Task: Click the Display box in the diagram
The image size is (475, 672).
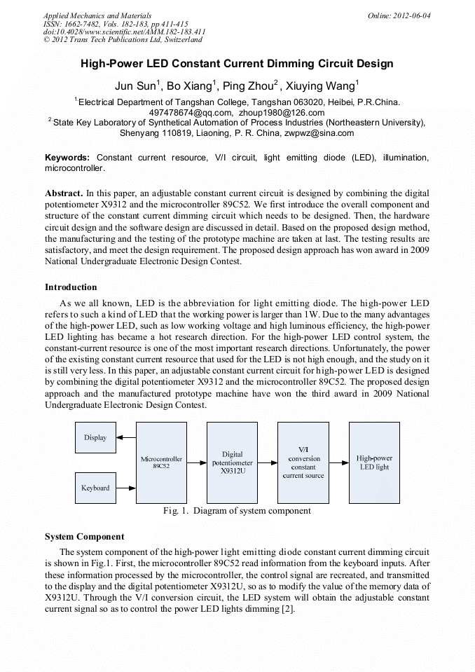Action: [x=95, y=437]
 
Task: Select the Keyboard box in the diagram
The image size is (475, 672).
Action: [x=95, y=488]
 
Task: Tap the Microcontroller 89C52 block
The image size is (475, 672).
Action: [x=161, y=462]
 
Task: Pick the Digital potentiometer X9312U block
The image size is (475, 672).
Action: [x=232, y=462]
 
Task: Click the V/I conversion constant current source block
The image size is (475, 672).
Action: [x=303, y=462]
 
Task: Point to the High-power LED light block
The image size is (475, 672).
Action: [x=374, y=462]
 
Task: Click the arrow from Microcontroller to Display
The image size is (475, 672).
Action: [x=126, y=437]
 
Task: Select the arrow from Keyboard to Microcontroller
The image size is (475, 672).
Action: [x=126, y=488]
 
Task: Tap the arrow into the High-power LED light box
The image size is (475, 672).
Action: [x=338, y=462]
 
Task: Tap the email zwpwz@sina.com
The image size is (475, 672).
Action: [x=324, y=132]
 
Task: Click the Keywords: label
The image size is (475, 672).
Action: [x=68, y=158]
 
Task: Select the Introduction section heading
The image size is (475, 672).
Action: [x=71, y=287]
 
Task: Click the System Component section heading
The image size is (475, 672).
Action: [x=84, y=537]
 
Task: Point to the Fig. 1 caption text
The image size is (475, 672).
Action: [x=237, y=511]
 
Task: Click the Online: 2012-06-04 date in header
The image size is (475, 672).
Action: [x=399, y=15]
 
